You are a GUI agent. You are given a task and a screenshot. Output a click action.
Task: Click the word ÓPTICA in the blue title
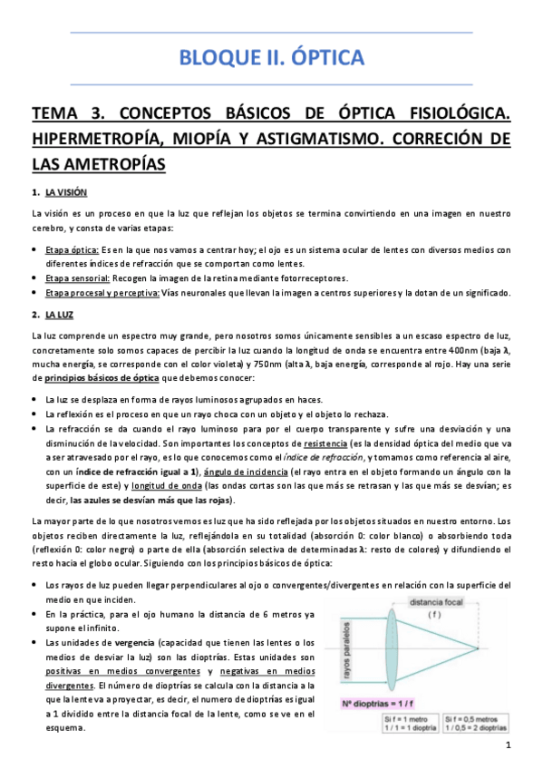point(322,59)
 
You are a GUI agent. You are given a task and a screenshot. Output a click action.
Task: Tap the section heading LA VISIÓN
point(66,191)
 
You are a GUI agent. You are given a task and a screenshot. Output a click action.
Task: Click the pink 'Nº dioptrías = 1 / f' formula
point(378,704)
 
